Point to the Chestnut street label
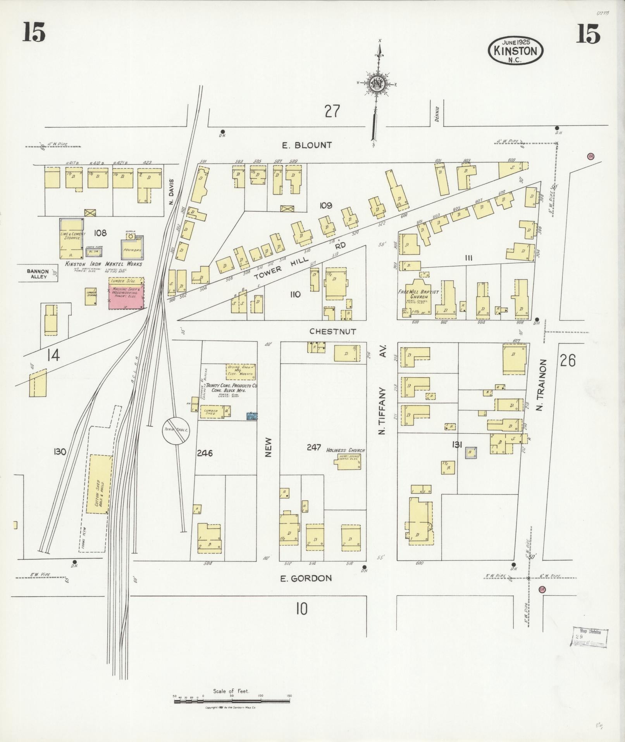[332, 332]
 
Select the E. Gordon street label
[306, 578]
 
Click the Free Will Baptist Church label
[419, 294]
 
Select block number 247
[313, 448]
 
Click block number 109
[325, 206]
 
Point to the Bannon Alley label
[38, 274]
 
